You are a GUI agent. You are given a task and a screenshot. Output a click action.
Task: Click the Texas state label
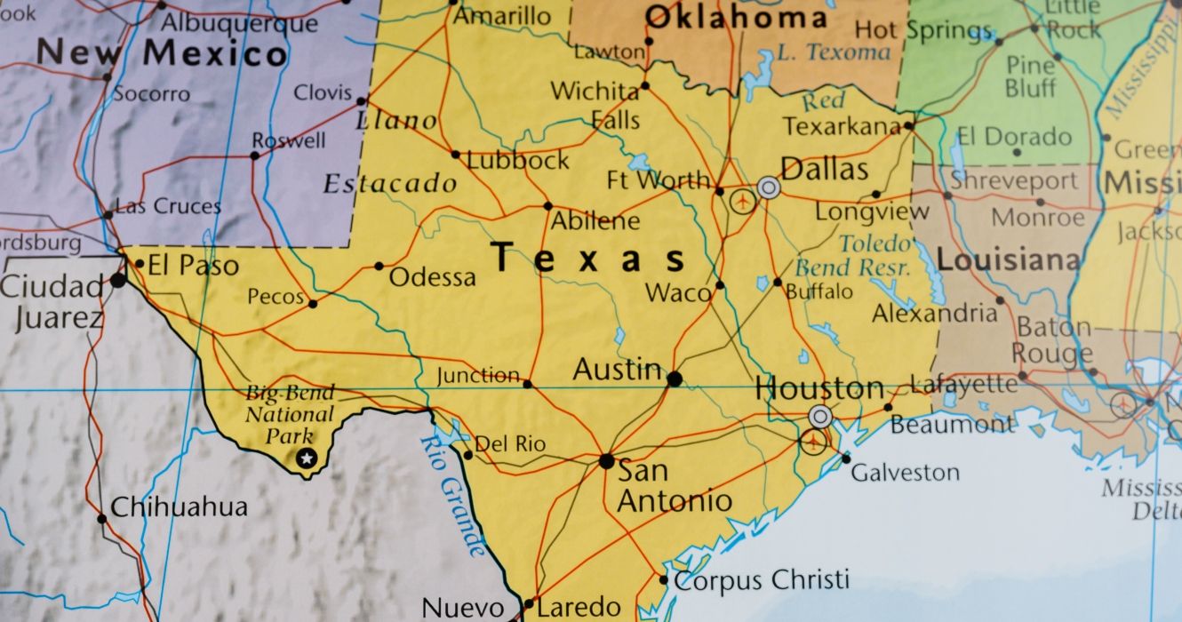pos(590,259)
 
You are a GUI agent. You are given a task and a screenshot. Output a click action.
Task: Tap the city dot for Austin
pos(675,379)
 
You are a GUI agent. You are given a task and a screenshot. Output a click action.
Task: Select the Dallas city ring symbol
pos(769,187)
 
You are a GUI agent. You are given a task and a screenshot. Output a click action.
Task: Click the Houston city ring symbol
pos(821,416)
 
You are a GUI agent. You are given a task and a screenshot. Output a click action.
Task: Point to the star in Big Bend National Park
pos(307,459)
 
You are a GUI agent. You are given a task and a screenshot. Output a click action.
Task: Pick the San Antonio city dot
pos(606,461)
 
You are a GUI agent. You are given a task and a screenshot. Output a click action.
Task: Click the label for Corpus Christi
pos(761,580)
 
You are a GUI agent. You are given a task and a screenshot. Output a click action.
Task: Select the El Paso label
pos(193,265)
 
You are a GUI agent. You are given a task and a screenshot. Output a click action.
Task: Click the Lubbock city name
pos(518,161)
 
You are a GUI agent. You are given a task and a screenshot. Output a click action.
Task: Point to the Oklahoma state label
pos(735,17)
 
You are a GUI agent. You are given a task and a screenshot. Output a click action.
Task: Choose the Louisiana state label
pos(1009,261)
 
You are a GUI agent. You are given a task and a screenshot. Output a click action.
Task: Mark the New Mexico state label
pos(161,54)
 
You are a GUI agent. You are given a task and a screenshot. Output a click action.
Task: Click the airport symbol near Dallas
pos(742,202)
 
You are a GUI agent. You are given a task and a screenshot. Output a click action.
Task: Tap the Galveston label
pos(905,473)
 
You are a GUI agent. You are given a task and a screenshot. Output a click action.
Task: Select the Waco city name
pos(678,292)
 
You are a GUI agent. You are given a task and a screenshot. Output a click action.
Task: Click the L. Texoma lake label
pos(833,52)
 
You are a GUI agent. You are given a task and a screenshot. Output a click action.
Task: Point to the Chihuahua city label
pos(179,507)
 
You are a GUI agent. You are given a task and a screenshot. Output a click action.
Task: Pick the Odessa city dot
pos(379,266)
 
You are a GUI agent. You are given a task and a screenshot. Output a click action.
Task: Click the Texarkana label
pos(842,127)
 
